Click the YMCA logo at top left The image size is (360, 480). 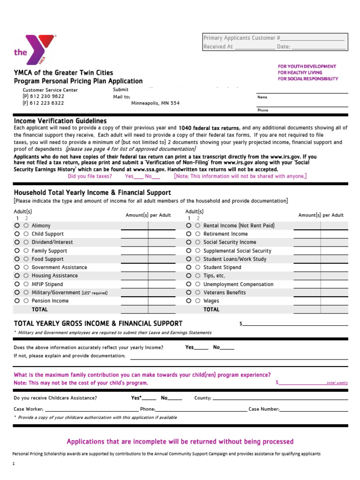point(35,50)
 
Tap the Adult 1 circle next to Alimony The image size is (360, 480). point(17,225)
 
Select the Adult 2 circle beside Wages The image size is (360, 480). point(197,301)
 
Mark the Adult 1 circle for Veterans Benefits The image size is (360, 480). point(188,292)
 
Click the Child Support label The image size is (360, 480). point(47,234)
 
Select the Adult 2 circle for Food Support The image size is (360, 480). point(26,259)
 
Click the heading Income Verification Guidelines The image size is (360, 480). point(60,121)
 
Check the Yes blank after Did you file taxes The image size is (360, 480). point(138,177)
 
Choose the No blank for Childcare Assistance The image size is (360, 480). point(175,398)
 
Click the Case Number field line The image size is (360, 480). point(314,409)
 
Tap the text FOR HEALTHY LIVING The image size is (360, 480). point(300,73)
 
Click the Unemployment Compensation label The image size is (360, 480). point(238,285)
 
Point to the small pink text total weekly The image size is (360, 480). point(337,383)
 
